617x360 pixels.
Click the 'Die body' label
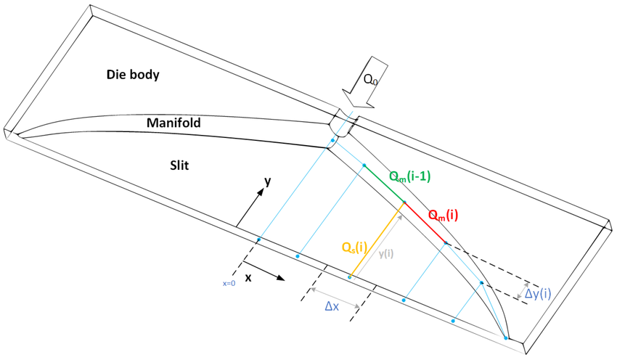133,74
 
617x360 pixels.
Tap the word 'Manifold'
173,123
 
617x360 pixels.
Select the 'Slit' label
179,165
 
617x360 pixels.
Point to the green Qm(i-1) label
409,176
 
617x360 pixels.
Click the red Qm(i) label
443,216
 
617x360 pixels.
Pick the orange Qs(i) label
354,247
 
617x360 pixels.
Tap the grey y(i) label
385,254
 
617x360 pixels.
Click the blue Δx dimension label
332,306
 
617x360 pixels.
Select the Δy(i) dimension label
538,293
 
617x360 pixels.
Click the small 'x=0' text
229,283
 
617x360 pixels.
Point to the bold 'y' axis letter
268,181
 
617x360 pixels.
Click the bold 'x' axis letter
248,278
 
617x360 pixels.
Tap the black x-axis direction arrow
263,271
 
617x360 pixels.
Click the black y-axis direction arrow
250,207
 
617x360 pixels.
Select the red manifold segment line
425,223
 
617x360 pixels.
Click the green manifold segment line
384,184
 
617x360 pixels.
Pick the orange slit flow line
377,240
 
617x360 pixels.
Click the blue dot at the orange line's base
350,277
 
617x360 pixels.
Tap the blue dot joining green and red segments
404,202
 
